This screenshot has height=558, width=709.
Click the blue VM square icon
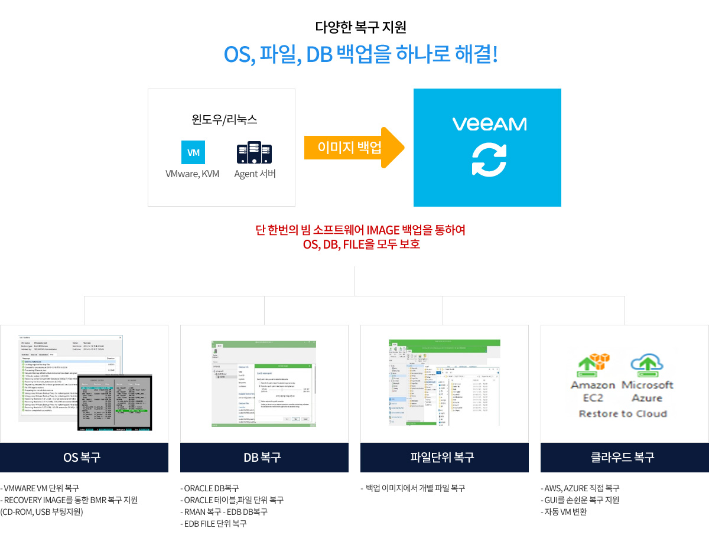[193, 152]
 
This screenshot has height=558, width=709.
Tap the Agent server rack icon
[255, 152]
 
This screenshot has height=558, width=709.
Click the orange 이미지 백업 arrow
[354, 148]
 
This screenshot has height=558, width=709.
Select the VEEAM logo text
[489, 124]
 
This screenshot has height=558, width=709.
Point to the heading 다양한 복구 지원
[360, 27]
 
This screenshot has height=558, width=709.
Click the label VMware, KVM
[193, 174]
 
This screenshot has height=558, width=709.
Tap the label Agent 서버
[255, 174]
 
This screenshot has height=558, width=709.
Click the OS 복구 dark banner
[84, 458]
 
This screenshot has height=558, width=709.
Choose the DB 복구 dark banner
[264, 458]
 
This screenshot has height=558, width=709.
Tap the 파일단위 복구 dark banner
[444, 458]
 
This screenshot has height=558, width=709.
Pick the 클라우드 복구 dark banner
[625, 458]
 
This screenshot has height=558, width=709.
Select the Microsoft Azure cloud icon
[647, 366]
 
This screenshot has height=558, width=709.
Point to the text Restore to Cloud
[623, 413]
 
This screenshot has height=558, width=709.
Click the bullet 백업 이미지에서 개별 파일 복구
[415, 488]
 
